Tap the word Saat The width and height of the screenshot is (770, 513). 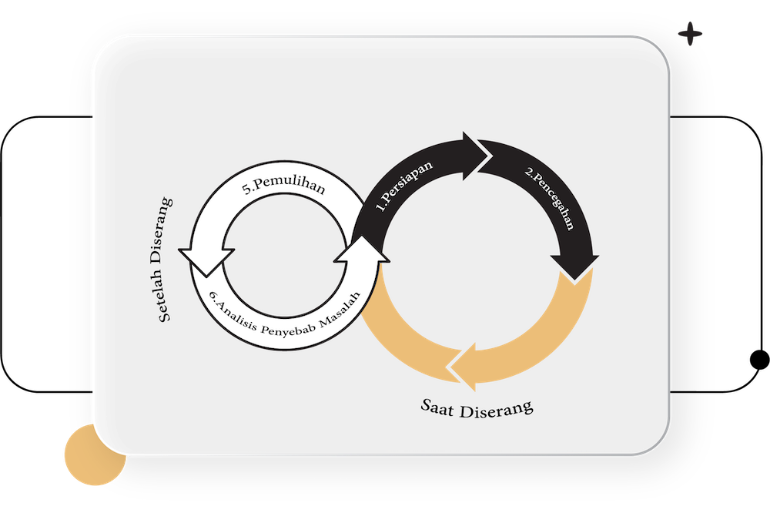tap(438, 405)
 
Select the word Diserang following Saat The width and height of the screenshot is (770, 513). tap(497, 407)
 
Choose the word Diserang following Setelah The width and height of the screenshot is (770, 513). tap(165, 231)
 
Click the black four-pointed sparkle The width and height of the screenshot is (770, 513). tap(691, 35)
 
